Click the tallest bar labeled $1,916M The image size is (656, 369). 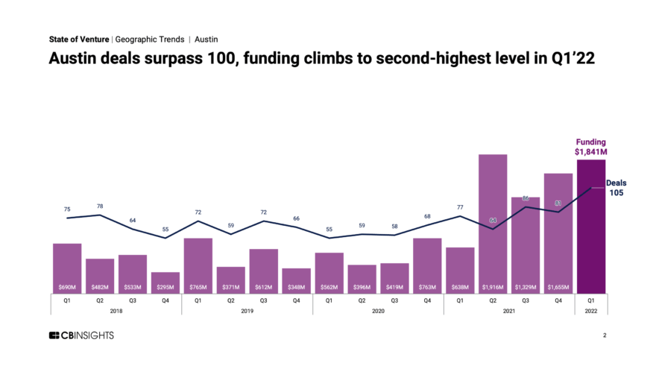click(493, 224)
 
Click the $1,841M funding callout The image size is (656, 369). click(591, 147)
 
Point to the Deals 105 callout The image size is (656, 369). click(616, 188)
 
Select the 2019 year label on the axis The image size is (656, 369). click(247, 310)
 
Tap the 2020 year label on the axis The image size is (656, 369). click(378, 310)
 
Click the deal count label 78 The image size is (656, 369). click(100, 206)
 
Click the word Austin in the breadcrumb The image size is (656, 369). click(206, 39)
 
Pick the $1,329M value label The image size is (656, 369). click(526, 287)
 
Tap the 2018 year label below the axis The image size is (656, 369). click(116, 310)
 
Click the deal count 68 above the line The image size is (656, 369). click(427, 217)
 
